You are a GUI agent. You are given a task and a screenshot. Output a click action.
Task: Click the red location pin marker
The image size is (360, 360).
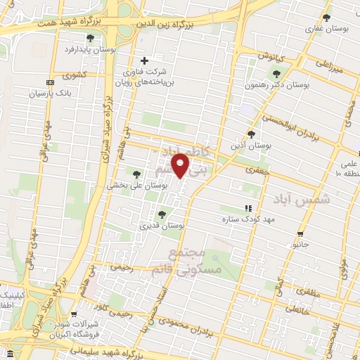click(x=181, y=165)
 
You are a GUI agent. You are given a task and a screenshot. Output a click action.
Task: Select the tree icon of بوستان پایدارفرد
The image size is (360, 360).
click(x=89, y=38)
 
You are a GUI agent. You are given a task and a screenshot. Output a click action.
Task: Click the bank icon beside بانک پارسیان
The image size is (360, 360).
click(x=49, y=82)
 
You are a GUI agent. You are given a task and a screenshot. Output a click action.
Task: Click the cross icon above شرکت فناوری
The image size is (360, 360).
click(x=145, y=60)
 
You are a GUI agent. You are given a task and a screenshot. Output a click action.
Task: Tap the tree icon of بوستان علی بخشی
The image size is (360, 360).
click(x=136, y=174)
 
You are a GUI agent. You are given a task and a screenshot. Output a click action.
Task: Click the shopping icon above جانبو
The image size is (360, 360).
click(x=301, y=234)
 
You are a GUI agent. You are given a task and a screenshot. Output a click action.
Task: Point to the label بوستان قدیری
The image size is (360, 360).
click(x=162, y=225)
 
